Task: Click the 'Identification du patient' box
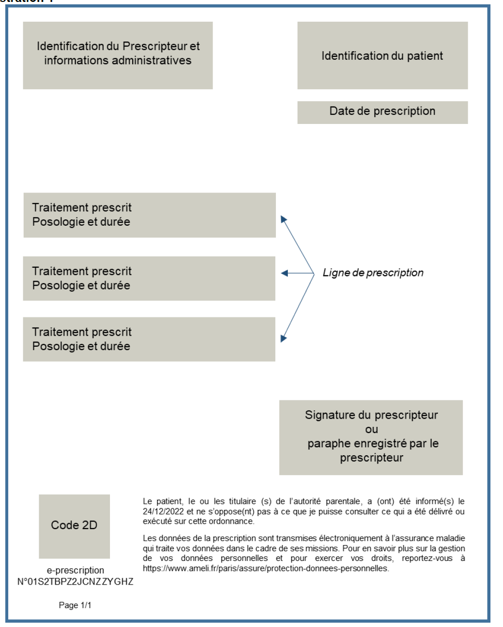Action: [x=382, y=55]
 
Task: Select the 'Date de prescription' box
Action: [x=382, y=112]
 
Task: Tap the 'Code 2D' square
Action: [x=74, y=526]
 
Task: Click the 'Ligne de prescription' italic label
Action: [x=373, y=273]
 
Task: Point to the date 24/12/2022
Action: [x=163, y=511]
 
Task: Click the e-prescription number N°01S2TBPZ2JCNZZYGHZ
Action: [x=75, y=582]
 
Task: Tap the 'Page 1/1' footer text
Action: [x=75, y=605]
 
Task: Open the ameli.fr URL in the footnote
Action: [x=266, y=568]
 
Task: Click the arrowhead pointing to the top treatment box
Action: [x=284, y=219]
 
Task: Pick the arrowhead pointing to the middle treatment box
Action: [x=284, y=273]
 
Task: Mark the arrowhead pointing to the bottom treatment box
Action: [x=283, y=339]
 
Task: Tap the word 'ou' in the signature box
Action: [x=371, y=429]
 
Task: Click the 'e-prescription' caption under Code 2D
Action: [x=75, y=570]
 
